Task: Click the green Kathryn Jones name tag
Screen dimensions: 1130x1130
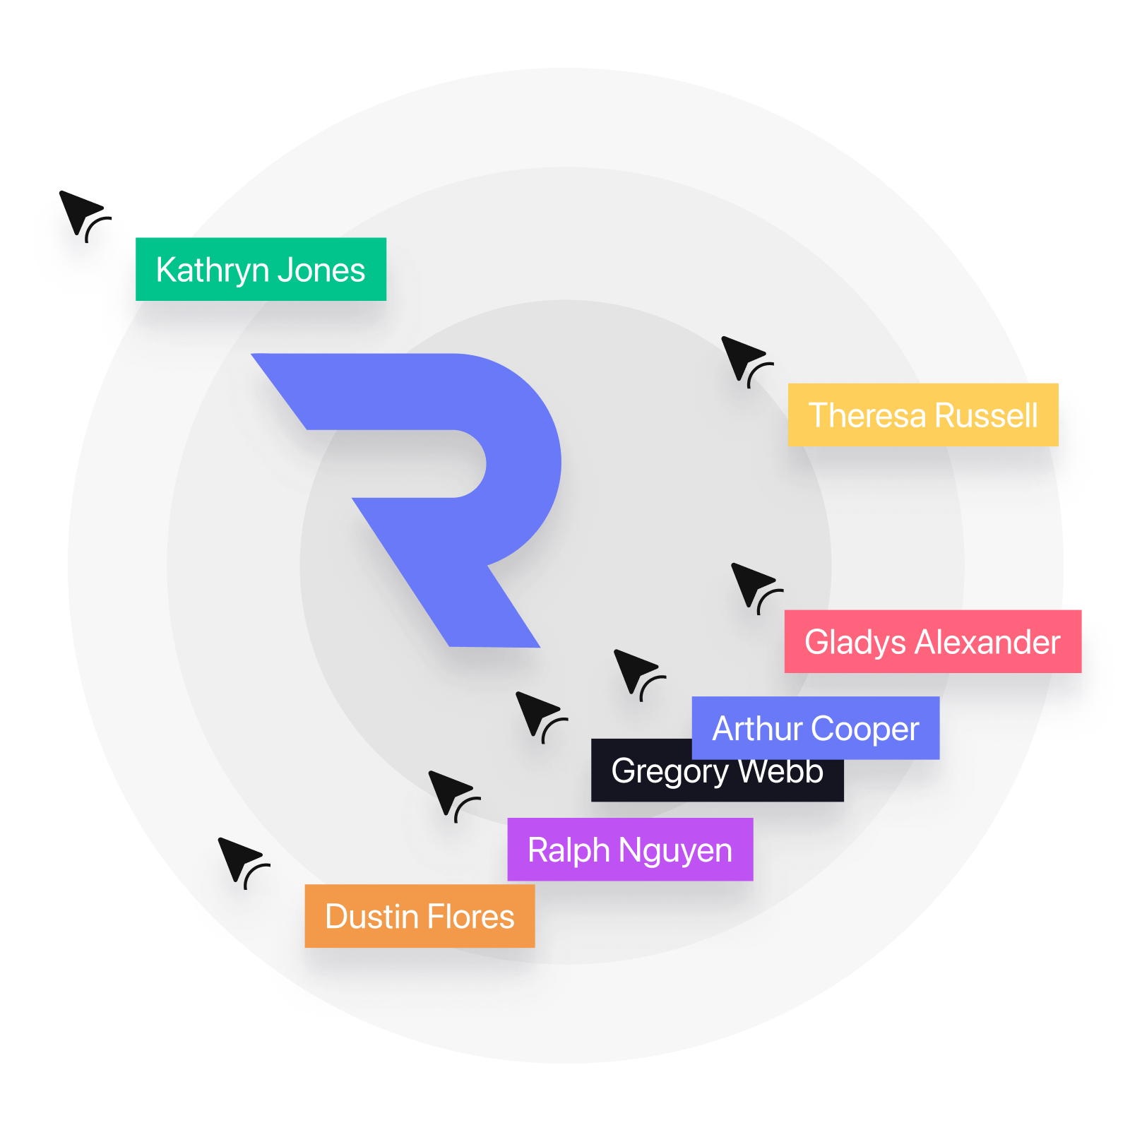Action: (x=261, y=269)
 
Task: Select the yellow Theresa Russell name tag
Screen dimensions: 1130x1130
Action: (x=922, y=415)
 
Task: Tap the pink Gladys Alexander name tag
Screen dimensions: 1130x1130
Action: (x=932, y=641)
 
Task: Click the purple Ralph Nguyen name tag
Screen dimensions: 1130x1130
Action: (x=629, y=850)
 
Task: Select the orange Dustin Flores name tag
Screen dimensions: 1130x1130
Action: (x=420, y=916)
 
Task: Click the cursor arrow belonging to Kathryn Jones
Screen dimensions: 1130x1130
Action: (x=79, y=213)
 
